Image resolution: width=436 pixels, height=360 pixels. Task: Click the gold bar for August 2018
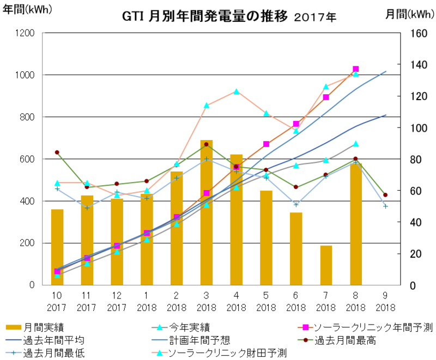click(x=356, y=224)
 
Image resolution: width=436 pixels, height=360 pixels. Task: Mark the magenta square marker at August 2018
click(x=356, y=69)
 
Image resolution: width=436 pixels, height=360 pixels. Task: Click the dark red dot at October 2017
click(x=57, y=152)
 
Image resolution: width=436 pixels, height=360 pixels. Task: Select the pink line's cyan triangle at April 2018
click(x=236, y=91)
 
